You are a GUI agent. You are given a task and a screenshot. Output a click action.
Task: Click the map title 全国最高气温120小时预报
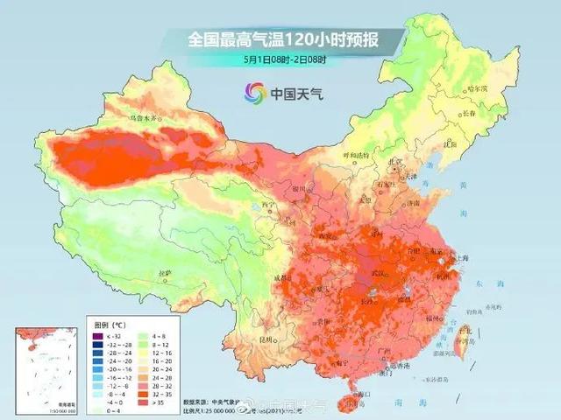click(280, 39)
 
